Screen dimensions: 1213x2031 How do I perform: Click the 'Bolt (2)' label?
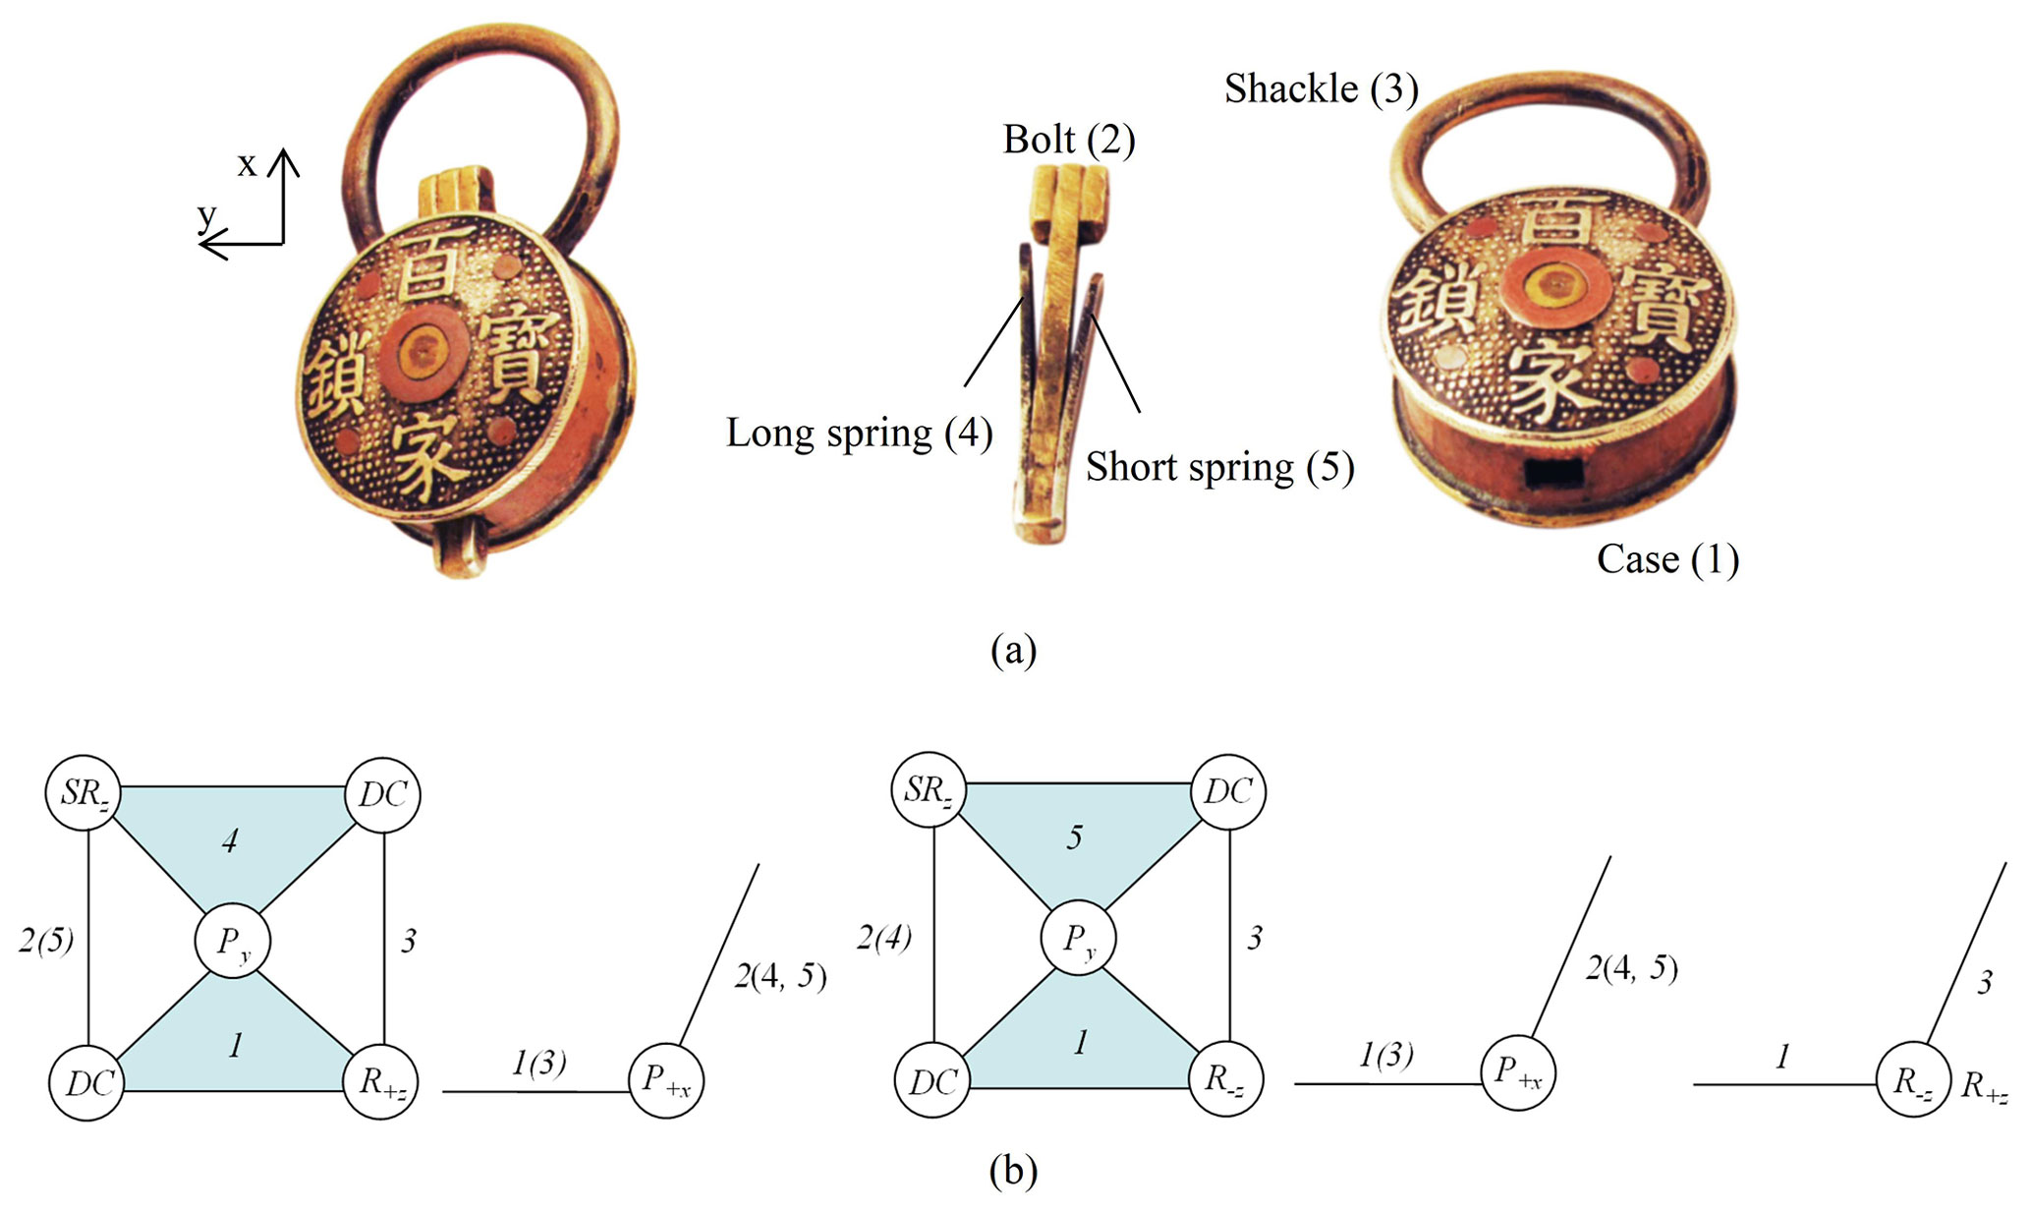(x=1068, y=140)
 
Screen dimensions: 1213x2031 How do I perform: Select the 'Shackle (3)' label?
(x=1321, y=88)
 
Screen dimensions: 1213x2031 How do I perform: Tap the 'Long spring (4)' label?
(x=858, y=433)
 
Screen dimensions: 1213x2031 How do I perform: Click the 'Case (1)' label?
(x=1666, y=558)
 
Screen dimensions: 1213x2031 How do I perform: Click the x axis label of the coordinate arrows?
(x=247, y=165)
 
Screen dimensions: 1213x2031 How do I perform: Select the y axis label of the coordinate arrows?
(x=206, y=213)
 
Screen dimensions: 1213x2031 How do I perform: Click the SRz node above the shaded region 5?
(x=929, y=789)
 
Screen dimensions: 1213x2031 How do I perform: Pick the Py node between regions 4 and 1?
(x=232, y=941)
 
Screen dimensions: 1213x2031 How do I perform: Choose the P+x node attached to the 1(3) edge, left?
(x=666, y=1080)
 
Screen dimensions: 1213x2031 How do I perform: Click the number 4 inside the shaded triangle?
(x=230, y=840)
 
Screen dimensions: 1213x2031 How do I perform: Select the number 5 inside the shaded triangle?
(x=1075, y=837)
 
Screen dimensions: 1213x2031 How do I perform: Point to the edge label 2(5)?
(x=46, y=941)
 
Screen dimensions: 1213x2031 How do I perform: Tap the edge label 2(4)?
(x=883, y=938)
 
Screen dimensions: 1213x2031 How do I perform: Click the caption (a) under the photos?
(x=1013, y=650)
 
